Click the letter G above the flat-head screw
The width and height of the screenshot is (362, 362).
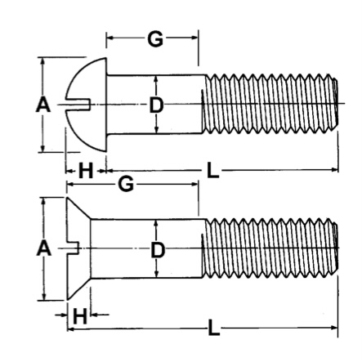pos(126,184)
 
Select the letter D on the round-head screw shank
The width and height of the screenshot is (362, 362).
pos(156,105)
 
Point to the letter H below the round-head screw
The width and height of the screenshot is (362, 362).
pos(84,172)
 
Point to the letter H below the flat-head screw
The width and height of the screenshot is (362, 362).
pos(80,315)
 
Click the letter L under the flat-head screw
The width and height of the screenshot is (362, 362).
pos(214,328)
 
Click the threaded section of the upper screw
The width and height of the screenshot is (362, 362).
pos(270,105)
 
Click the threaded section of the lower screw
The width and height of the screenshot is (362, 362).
pos(270,248)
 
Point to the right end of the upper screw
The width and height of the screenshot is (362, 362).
pos(336,105)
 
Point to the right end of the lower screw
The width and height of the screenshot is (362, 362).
pos(336,248)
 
